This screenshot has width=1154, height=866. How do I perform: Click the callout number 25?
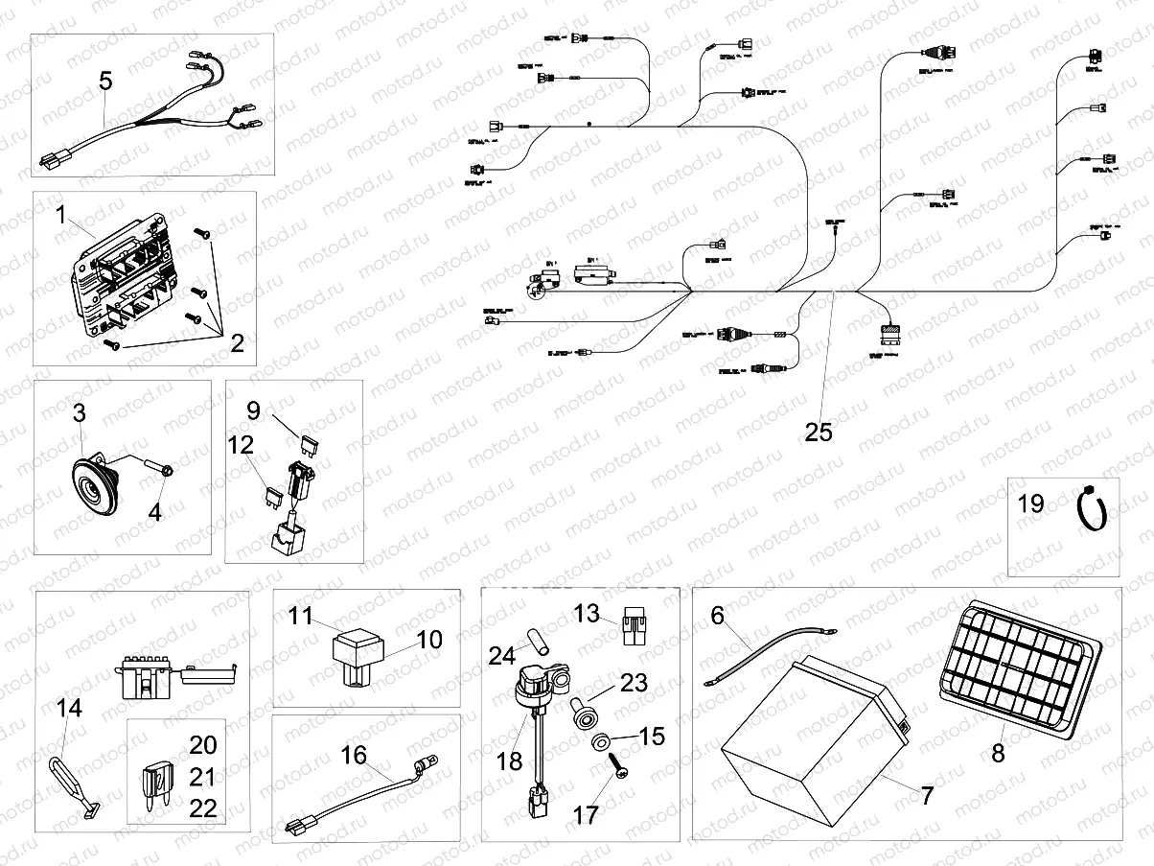(x=819, y=432)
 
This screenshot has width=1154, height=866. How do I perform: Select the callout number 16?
(x=354, y=757)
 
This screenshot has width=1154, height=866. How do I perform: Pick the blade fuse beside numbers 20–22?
(x=157, y=776)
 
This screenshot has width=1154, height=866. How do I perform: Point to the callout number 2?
(x=237, y=342)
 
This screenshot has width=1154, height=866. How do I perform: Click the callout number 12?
(x=240, y=444)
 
